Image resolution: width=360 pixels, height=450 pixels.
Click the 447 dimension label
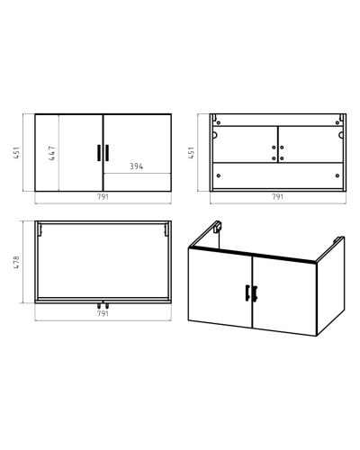point(52,153)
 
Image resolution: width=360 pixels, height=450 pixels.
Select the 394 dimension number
point(137,166)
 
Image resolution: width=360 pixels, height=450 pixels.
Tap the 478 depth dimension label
point(16,262)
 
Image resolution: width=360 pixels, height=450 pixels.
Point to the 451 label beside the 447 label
point(16,153)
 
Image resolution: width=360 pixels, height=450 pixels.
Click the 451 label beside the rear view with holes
point(191,153)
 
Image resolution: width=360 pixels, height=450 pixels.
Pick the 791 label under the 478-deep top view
point(103,314)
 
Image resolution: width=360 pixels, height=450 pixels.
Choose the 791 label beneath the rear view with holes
point(277,197)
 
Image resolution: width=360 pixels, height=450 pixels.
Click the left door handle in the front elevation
point(99,153)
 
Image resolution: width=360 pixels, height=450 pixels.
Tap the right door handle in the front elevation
point(107,153)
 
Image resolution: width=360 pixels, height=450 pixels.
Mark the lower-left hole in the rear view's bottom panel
point(219,175)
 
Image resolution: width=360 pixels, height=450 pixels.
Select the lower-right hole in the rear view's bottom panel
point(337,175)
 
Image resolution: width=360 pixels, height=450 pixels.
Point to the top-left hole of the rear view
point(219,122)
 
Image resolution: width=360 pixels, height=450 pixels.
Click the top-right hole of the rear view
point(337,122)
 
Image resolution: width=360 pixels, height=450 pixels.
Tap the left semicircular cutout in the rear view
point(215,135)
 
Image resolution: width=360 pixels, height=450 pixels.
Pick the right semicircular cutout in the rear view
point(341,135)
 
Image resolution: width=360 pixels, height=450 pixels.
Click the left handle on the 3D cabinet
point(247,292)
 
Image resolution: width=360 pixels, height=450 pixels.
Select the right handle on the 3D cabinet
point(255,293)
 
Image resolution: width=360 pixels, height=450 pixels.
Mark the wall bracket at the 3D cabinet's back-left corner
point(218,227)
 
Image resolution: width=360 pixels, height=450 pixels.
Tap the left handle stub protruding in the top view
point(99,306)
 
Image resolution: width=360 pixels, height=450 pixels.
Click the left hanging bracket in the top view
point(40,229)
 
